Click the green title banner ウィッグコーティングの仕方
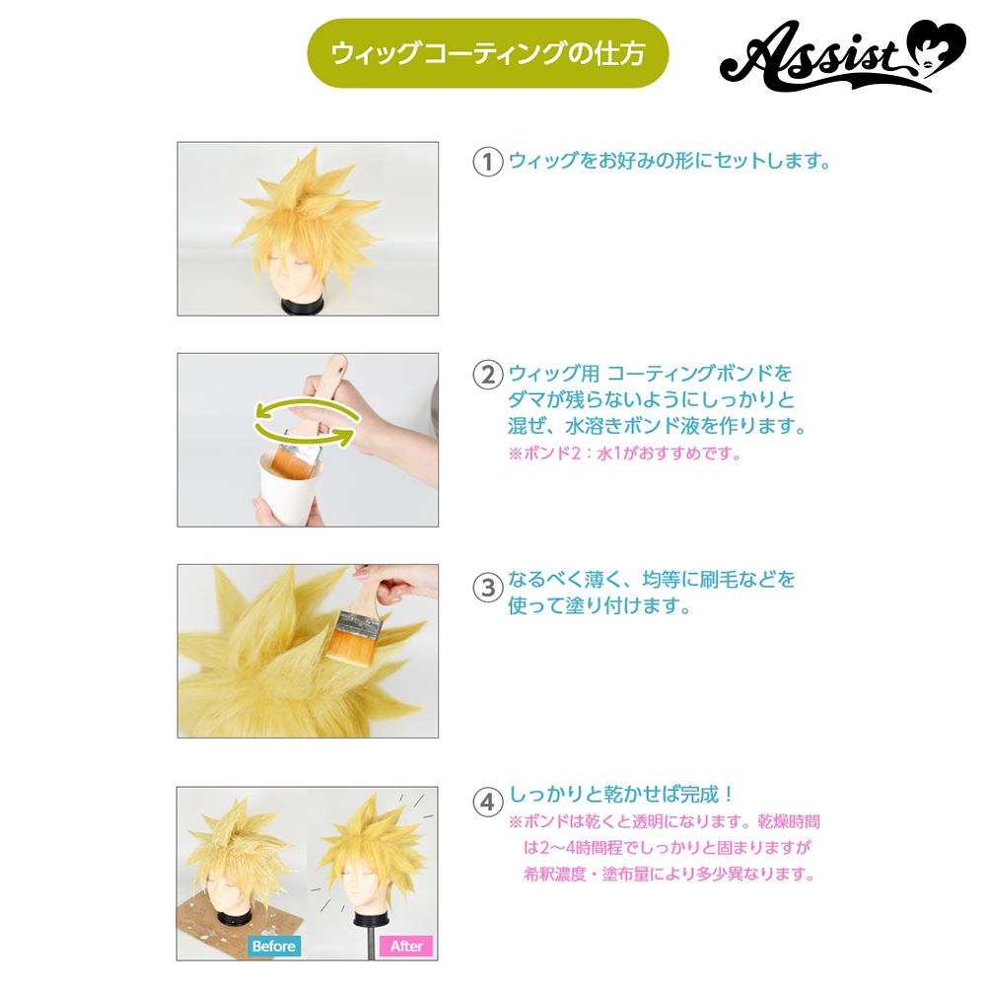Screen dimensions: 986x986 click(x=487, y=53)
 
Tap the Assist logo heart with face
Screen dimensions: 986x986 click(x=937, y=49)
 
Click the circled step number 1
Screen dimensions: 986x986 click(x=487, y=162)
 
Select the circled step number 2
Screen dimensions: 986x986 click(x=487, y=375)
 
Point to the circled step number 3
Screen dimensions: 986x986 click(x=487, y=588)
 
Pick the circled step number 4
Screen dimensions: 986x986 click(x=487, y=803)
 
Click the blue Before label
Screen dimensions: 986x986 click(x=273, y=946)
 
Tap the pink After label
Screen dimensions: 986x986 click(x=406, y=946)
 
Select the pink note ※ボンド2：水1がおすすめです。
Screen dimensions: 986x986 click(x=626, y=454)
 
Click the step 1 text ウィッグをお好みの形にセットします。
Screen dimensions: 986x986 click(x=669, y=161)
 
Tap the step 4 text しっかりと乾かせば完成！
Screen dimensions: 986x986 click(x=620, y=794)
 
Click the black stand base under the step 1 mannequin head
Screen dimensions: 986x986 click(x=302, y=307)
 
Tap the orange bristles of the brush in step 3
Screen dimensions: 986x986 click(x=348, y=647)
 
